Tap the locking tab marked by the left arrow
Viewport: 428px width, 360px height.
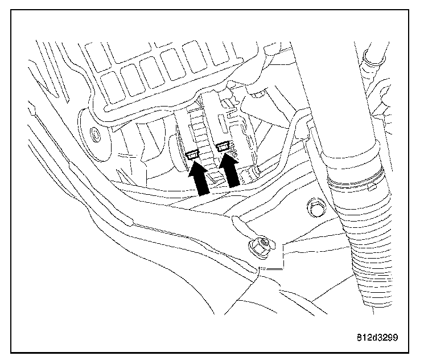(192, 154)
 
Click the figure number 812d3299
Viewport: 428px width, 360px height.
(374, 337)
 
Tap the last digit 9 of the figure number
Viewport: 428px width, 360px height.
(394, 337)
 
